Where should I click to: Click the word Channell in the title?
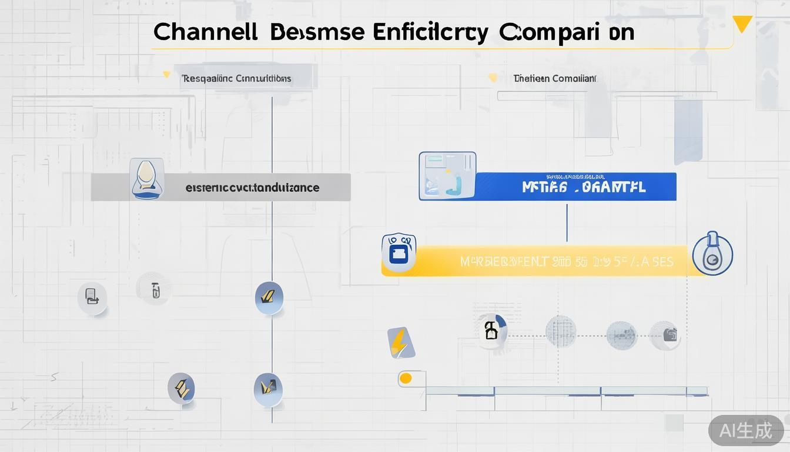pos(205,32)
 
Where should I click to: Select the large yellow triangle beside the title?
pos(742,24)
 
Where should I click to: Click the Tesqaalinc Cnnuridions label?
pos(236,78)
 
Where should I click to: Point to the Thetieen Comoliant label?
pos(554,78)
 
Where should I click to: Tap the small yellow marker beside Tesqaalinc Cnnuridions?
pos(167,75)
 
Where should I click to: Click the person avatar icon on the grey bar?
pos(146,178)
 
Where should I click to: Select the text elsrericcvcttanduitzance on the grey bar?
pos(252,188)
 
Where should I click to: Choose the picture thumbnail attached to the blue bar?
pos(447,176)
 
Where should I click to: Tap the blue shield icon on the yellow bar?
pos(399,252)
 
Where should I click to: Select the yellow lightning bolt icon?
pos(400,342)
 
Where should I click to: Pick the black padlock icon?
pos(491,330)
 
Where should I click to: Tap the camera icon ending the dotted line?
pos(669,335)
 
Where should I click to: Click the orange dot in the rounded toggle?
pos(406,378)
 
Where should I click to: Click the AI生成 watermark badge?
pos(745,430)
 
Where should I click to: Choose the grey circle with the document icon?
pos(92,297)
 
